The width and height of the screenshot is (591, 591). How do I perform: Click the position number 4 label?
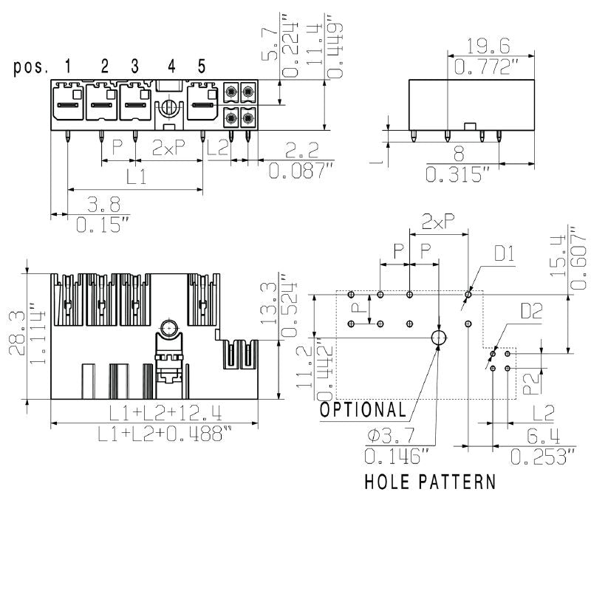tap(171, 66)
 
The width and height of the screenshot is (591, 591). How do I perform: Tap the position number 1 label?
tap(68, 66)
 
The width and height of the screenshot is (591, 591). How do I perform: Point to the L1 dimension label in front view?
tap(135, 177)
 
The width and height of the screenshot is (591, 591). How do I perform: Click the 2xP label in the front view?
tap(168, 148)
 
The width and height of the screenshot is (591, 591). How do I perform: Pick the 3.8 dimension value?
tap(103, 204)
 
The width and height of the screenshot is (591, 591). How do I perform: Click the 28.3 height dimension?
tap(17, 332)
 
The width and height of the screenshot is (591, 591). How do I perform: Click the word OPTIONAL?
tap(363, 410)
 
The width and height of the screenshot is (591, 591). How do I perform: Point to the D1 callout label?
tap(505, 255)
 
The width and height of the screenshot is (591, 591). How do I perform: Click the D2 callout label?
tap(530, 311)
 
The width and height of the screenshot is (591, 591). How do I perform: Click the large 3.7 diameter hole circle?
tap(439, 338)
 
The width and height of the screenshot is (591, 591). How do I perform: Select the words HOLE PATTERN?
tap(430, 482)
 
